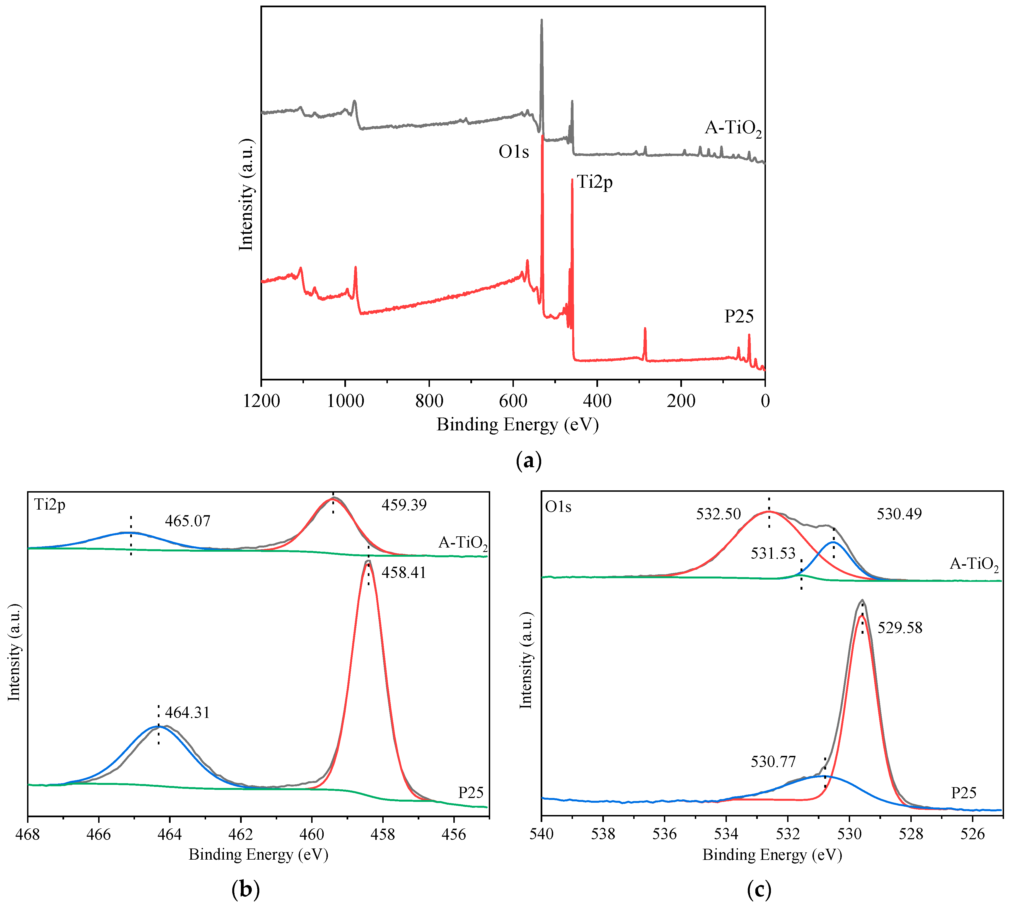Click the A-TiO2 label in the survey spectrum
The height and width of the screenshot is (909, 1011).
[732, 128]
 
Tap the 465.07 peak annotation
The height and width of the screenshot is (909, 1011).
[188, 521]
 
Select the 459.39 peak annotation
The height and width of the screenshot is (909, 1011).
[404, 505]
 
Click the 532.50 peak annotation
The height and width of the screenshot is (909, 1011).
[719, 514]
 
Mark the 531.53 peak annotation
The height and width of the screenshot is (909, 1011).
[773, 553]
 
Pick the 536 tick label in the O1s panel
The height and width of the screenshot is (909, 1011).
[664, 835]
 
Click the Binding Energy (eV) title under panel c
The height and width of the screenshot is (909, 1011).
[772, 855]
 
